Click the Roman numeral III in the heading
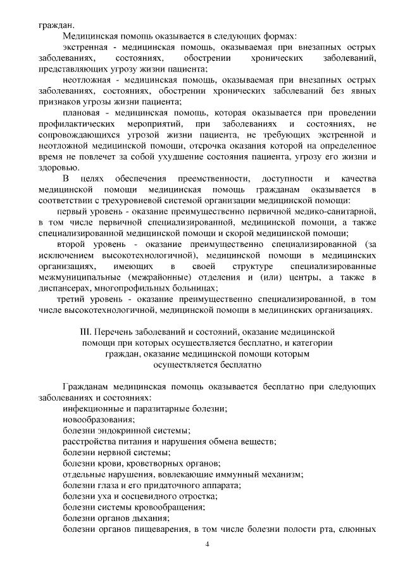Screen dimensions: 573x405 point(85,332)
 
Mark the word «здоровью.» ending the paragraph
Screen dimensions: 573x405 point(59,167)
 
